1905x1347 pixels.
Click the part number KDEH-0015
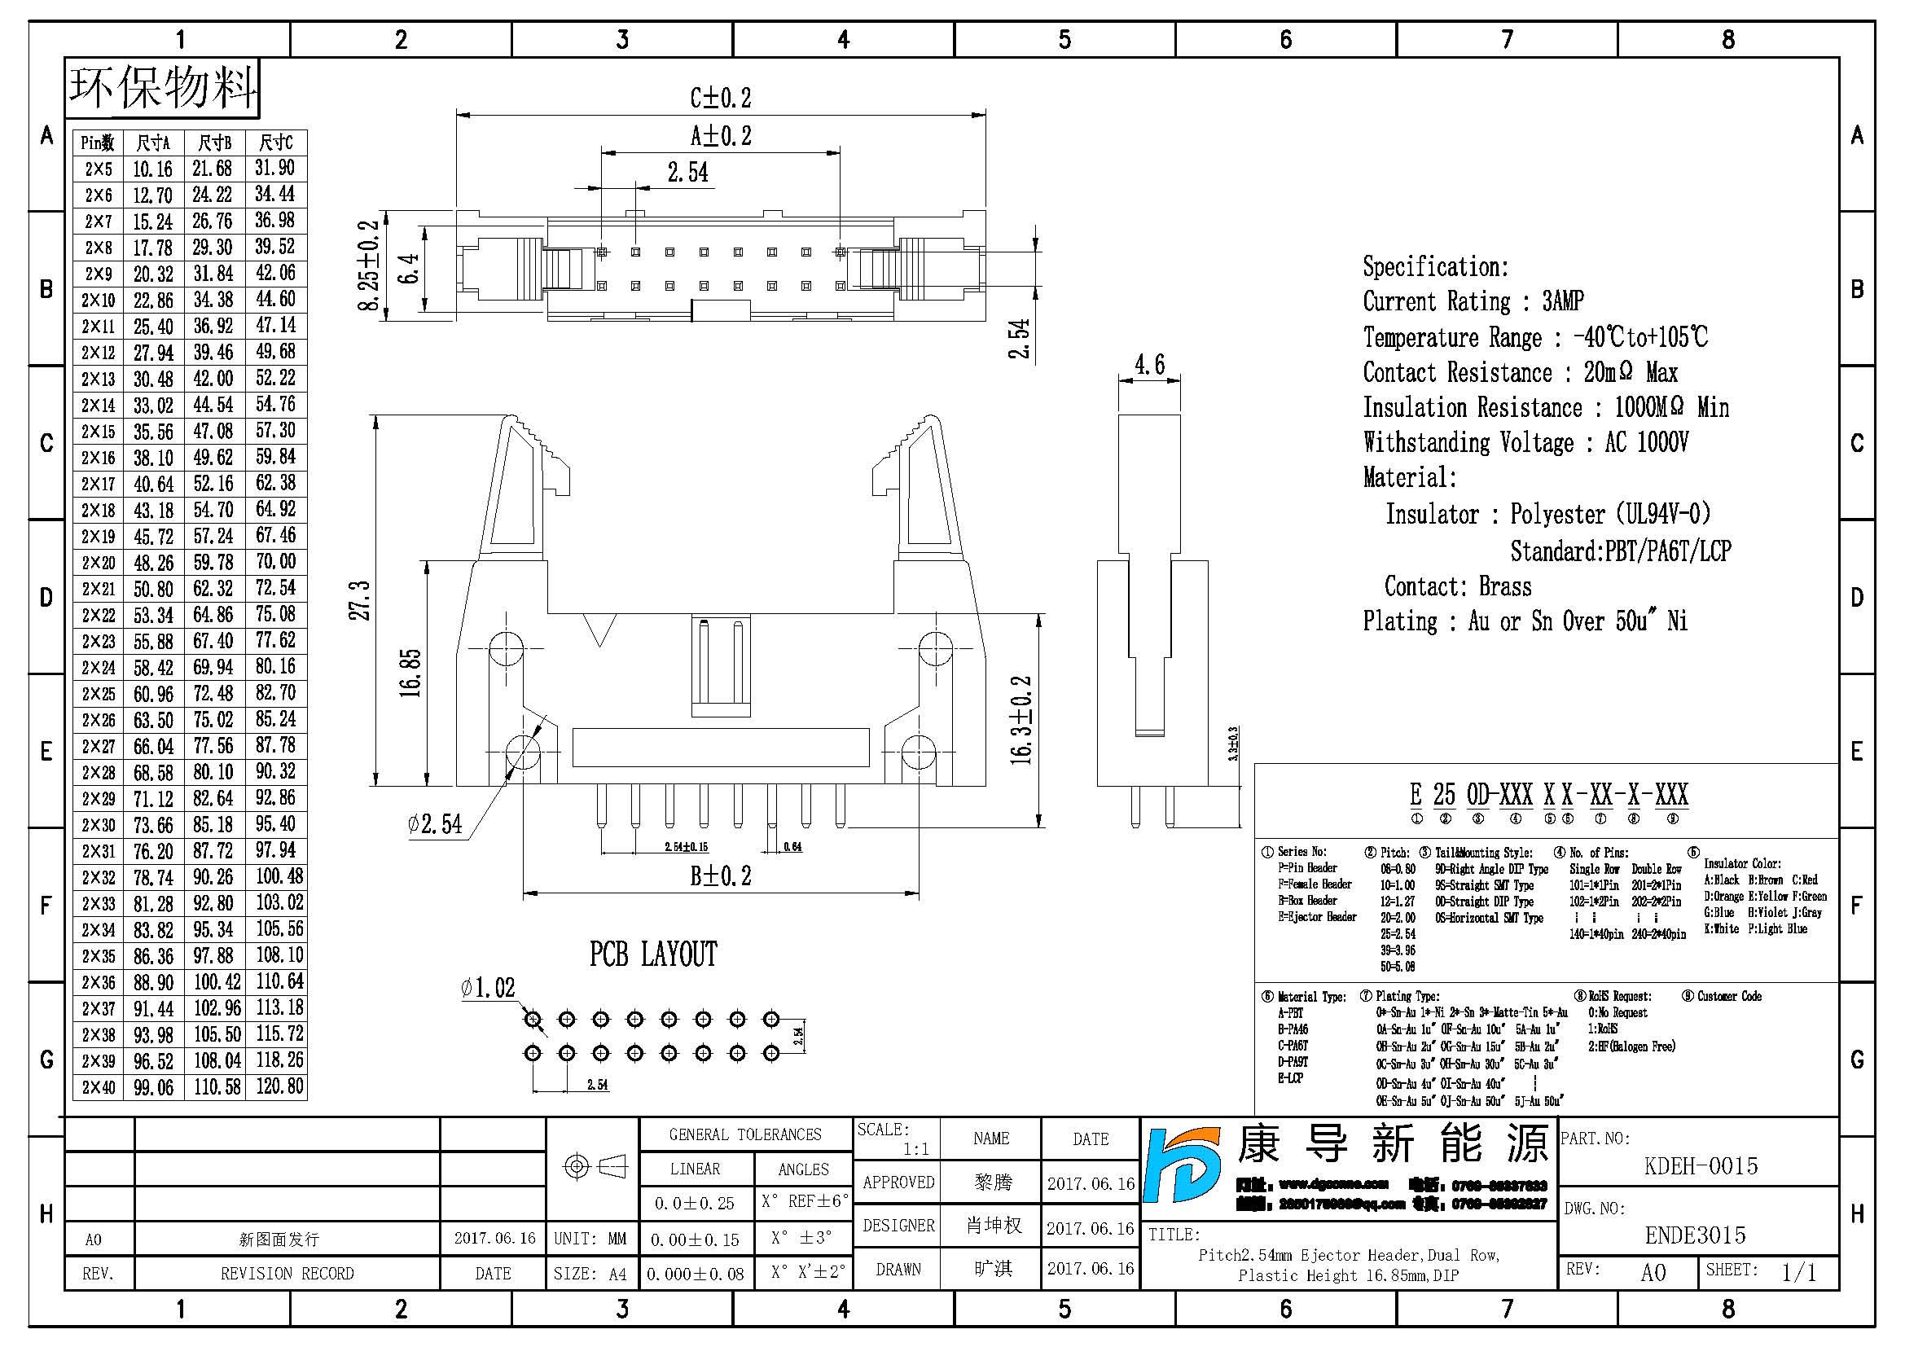(x=1700, y=1165)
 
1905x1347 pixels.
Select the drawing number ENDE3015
(x=1695, y=1235)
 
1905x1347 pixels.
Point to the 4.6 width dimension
(x=1149, y=364)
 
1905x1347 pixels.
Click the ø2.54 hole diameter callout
(x=435, y=823)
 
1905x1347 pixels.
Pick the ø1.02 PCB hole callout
(x=488, y=988)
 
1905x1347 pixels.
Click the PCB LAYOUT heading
(x=653, y=954)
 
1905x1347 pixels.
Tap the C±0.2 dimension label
(x=720, y=98)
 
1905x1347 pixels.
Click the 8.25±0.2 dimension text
(x=367, y=265)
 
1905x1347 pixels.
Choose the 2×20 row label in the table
(x=98, y=563)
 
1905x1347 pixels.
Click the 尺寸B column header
(x=214, y=143)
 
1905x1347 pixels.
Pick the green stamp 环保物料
(x=163, y=87)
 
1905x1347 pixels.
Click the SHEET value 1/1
(x=1799, y=1271)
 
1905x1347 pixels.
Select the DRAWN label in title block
(x=898, y=1269)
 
